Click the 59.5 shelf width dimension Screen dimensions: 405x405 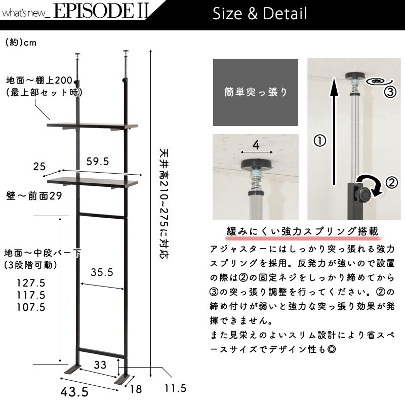pyautogui.click(x=98, y=161)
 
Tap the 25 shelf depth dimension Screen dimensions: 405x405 pyautogui.click(x=39, y=167)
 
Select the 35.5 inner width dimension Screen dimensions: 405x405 pyautogui.click(x=102, y=272)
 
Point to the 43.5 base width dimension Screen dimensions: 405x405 pyautogui.click(x=74, y=392)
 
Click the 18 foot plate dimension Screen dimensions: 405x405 pyautogui.click(x=136, y=389)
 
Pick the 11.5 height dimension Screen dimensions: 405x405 pyautogui.click(x=175, y=388)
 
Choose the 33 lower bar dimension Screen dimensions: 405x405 pyautogui.click(x=100, y=364)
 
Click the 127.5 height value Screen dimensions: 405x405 pyautogui.click(x=31, y=283)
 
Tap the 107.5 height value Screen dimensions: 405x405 pyautogui.click(x=31, y=307)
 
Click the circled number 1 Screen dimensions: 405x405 pyautogui.click(x=320, y=141)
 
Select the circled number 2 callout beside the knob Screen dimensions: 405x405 pyautogui.click(x=391, y=183)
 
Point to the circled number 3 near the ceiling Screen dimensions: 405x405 pyautogui.click(x=390, y=92)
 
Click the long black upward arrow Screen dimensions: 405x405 pyautogui.click(x=335, y=131)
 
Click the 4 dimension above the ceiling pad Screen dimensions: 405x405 pyautogui.click(x=256, y=145)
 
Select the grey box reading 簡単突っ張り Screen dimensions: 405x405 pyautogui.click(x=256, y=92)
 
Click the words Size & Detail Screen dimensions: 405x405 pyautogui.click(x=260, y=14)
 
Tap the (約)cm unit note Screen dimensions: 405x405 pyautogui.click(x=21, y=43)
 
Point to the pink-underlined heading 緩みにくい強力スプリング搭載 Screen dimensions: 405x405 pyautogui.click(x=302, y=231)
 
